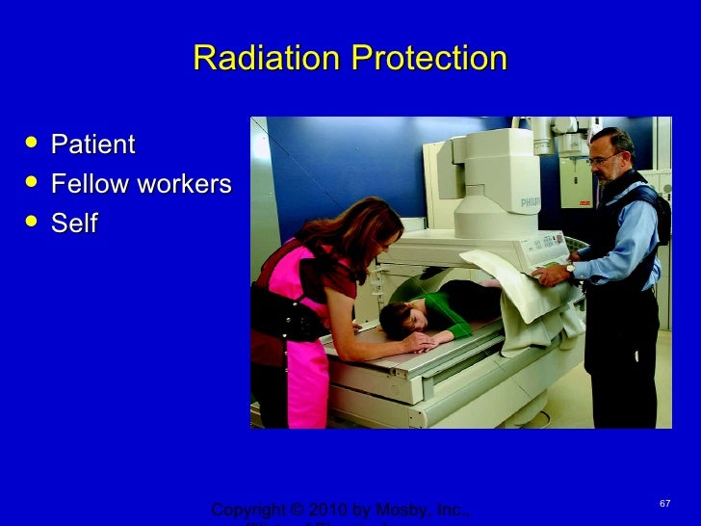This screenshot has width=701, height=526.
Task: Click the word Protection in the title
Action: pyautogui.click(x=428, y=59)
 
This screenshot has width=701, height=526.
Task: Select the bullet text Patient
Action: pyautogui.click(x=92, y=145)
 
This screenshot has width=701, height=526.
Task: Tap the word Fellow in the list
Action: pyautogui.click(x=93, y=183)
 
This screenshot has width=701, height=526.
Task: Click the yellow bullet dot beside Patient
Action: pyautogui.click(x=34, y=144)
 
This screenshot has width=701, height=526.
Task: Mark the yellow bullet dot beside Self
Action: pyautogui.click(x=34, y=222)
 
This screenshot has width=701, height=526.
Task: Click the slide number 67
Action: pyautogui.click(x=664, y=503)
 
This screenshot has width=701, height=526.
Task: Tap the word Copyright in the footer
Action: pyautogui.click(x=251, y=509)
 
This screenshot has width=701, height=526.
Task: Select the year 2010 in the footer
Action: pyautogui.click(x=337, y=509)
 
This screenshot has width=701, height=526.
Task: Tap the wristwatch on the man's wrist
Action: pyautogui.click(x=569, y=271)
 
